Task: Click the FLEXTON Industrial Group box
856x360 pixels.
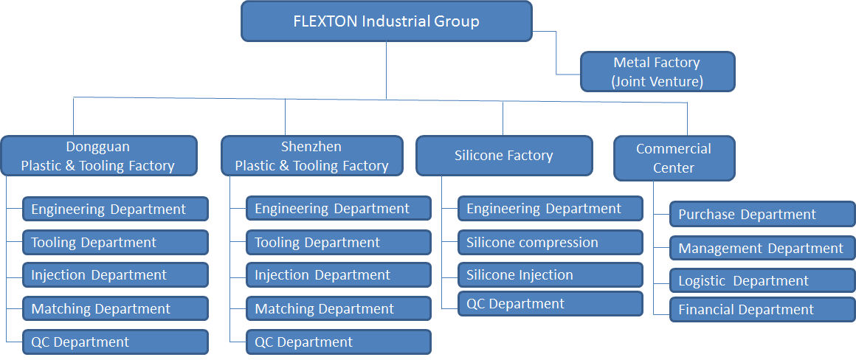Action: coord(387,21)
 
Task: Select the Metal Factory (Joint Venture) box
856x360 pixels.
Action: coord(657,72)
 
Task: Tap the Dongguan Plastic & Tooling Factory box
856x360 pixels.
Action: coord(99,156)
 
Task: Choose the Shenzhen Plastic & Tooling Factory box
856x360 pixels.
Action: coord(311,156)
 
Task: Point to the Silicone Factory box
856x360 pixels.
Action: coord(504,156)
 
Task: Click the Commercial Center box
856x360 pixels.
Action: coord(674,158)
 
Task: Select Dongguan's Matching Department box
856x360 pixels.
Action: coord(115,308)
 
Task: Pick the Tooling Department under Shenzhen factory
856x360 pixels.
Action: coord(339,242)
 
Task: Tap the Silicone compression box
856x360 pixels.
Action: coord(550,242)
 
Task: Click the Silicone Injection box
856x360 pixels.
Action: coord(550,275)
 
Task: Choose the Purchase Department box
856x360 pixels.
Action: coord(762,215)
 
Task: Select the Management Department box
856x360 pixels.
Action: coord(762,249)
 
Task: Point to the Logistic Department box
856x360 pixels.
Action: coord(762,281)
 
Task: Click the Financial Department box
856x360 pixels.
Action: coord(762,310)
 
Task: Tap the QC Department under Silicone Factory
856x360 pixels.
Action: coord(550,303)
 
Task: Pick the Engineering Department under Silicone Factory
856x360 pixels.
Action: coord(550,209)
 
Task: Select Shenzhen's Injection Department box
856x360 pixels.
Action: coord(339,275)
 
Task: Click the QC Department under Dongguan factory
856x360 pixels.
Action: coord(115,342)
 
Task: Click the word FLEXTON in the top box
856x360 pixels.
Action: coord(325,21)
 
